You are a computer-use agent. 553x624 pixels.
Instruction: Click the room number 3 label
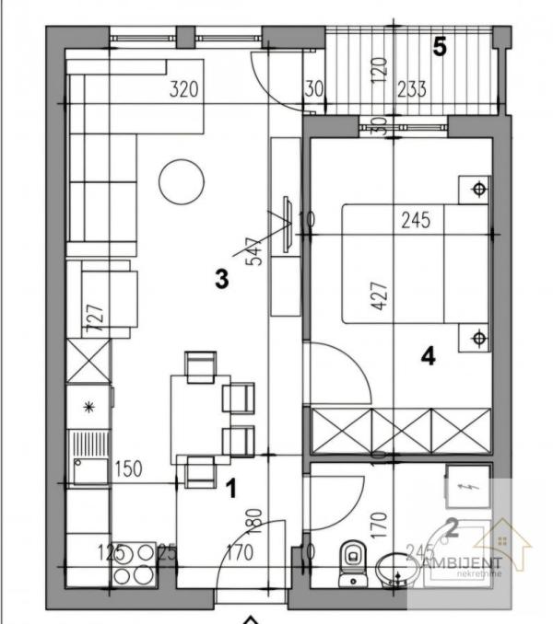point(221,279)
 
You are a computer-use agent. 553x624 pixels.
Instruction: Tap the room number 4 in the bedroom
point(428,356)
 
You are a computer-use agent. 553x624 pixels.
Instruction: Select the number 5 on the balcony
point(440,47)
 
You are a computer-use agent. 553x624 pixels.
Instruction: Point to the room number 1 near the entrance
point(231,488)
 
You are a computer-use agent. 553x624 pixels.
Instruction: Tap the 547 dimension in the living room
point(253,251)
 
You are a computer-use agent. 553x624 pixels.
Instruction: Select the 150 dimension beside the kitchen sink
point(128,469)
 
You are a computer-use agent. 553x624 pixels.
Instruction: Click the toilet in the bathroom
point(351,563)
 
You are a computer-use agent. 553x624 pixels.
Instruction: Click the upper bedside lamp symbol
point(477,191)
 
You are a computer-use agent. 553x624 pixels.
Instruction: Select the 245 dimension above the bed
point(417,220)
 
